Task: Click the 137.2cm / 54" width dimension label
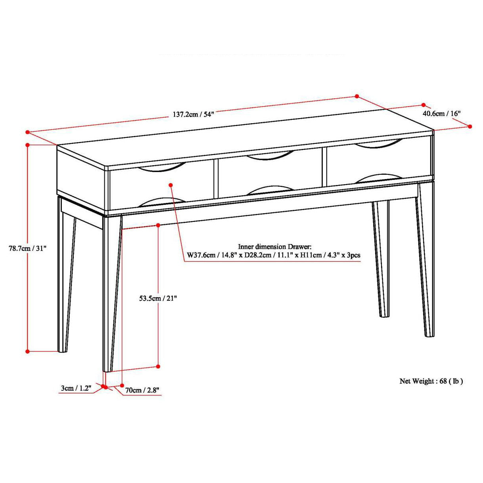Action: coord(193,115)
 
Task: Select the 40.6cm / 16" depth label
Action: coord(441,113)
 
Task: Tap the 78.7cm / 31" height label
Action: coord(28,248)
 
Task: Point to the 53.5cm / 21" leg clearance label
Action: coord(157,298)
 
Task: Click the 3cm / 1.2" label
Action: coord(76,388)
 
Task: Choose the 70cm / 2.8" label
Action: coord(142,390)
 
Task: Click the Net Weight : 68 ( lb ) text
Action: coord(431,381)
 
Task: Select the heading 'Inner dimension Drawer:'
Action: coord(274,246)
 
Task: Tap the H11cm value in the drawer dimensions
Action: coord(310,255)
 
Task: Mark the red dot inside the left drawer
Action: coord(171,185)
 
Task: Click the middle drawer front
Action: coord(270,174)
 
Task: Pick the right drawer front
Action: coord(377,162)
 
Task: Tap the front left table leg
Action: coord(111,293)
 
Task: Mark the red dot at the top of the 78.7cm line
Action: coord(28,145)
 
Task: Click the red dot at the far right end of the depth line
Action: coord(470,126)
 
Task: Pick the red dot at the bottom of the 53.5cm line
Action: coord(158,367)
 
